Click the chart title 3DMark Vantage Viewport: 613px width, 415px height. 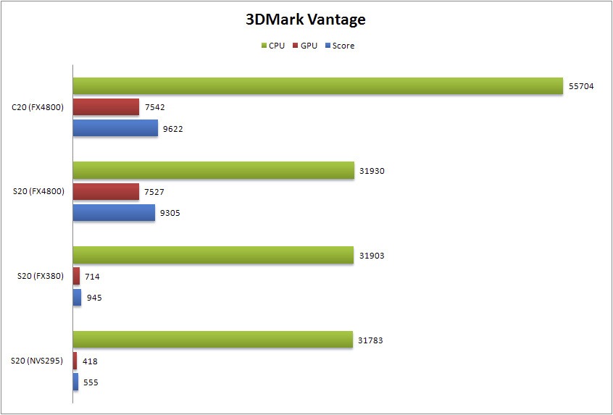click(x=305, y=20)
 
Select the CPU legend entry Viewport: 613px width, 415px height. click(x=272, y=46)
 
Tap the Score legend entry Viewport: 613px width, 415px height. click(x=339, y=46)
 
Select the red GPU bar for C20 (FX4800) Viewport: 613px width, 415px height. click(x=106, y=107)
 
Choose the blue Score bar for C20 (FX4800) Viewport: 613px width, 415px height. click(x=115, y=128)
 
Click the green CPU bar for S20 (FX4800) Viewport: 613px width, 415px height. click(x=213, y=170)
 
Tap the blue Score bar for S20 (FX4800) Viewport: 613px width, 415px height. click(x=114, y=212)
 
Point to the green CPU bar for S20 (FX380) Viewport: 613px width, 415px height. click(x=213, y=255)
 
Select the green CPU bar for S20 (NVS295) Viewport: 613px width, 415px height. click(x=212, y=339)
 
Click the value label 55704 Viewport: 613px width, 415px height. click(x=581, y=85)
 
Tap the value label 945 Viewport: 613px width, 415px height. click(x=93, y=297)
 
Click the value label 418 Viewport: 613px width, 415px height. click(x=90, y=361)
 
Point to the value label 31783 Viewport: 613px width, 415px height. click(x=371, y=339)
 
